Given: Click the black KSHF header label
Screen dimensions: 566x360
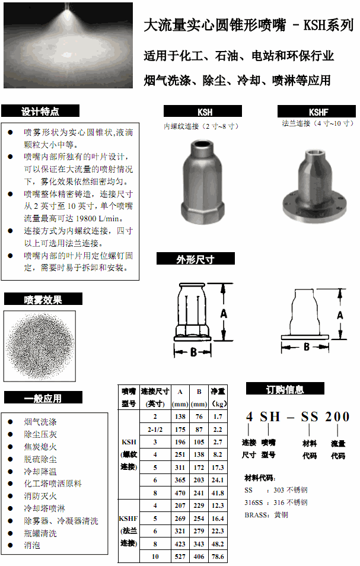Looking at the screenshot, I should click(x=318, y=111).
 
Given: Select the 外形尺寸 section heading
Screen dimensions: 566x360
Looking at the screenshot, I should click(x=195, y=259).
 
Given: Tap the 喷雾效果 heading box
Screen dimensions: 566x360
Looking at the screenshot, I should click(x=43, y=300).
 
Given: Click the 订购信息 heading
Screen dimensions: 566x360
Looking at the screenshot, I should click(x=285, y=389).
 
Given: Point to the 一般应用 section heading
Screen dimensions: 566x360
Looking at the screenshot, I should click(x=43, y=398).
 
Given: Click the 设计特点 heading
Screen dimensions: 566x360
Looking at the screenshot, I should click(x=40, y=111).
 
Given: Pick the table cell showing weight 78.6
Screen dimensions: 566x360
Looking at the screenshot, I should click(x=218, y=557).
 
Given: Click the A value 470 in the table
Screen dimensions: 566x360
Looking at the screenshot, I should click(x=180, y=492).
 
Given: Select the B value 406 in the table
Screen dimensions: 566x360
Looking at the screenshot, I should click(x=199, y=557).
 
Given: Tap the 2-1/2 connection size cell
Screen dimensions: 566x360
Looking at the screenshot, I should click(x=155, y=429).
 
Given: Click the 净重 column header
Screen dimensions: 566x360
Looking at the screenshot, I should click(x=218, y=398).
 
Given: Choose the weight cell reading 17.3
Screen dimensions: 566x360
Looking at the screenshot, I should click(x=218, y=468).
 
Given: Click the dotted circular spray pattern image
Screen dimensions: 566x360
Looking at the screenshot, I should click(x=40, y=345).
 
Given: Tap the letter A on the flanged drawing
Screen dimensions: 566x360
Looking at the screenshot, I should click(x=340, y=316).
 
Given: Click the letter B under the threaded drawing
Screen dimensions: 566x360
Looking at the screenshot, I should click(x=193, y=352).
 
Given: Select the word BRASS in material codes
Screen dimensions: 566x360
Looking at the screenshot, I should click(x=258, y=515).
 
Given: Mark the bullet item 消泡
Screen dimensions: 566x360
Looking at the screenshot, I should click(x=32, y=545).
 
